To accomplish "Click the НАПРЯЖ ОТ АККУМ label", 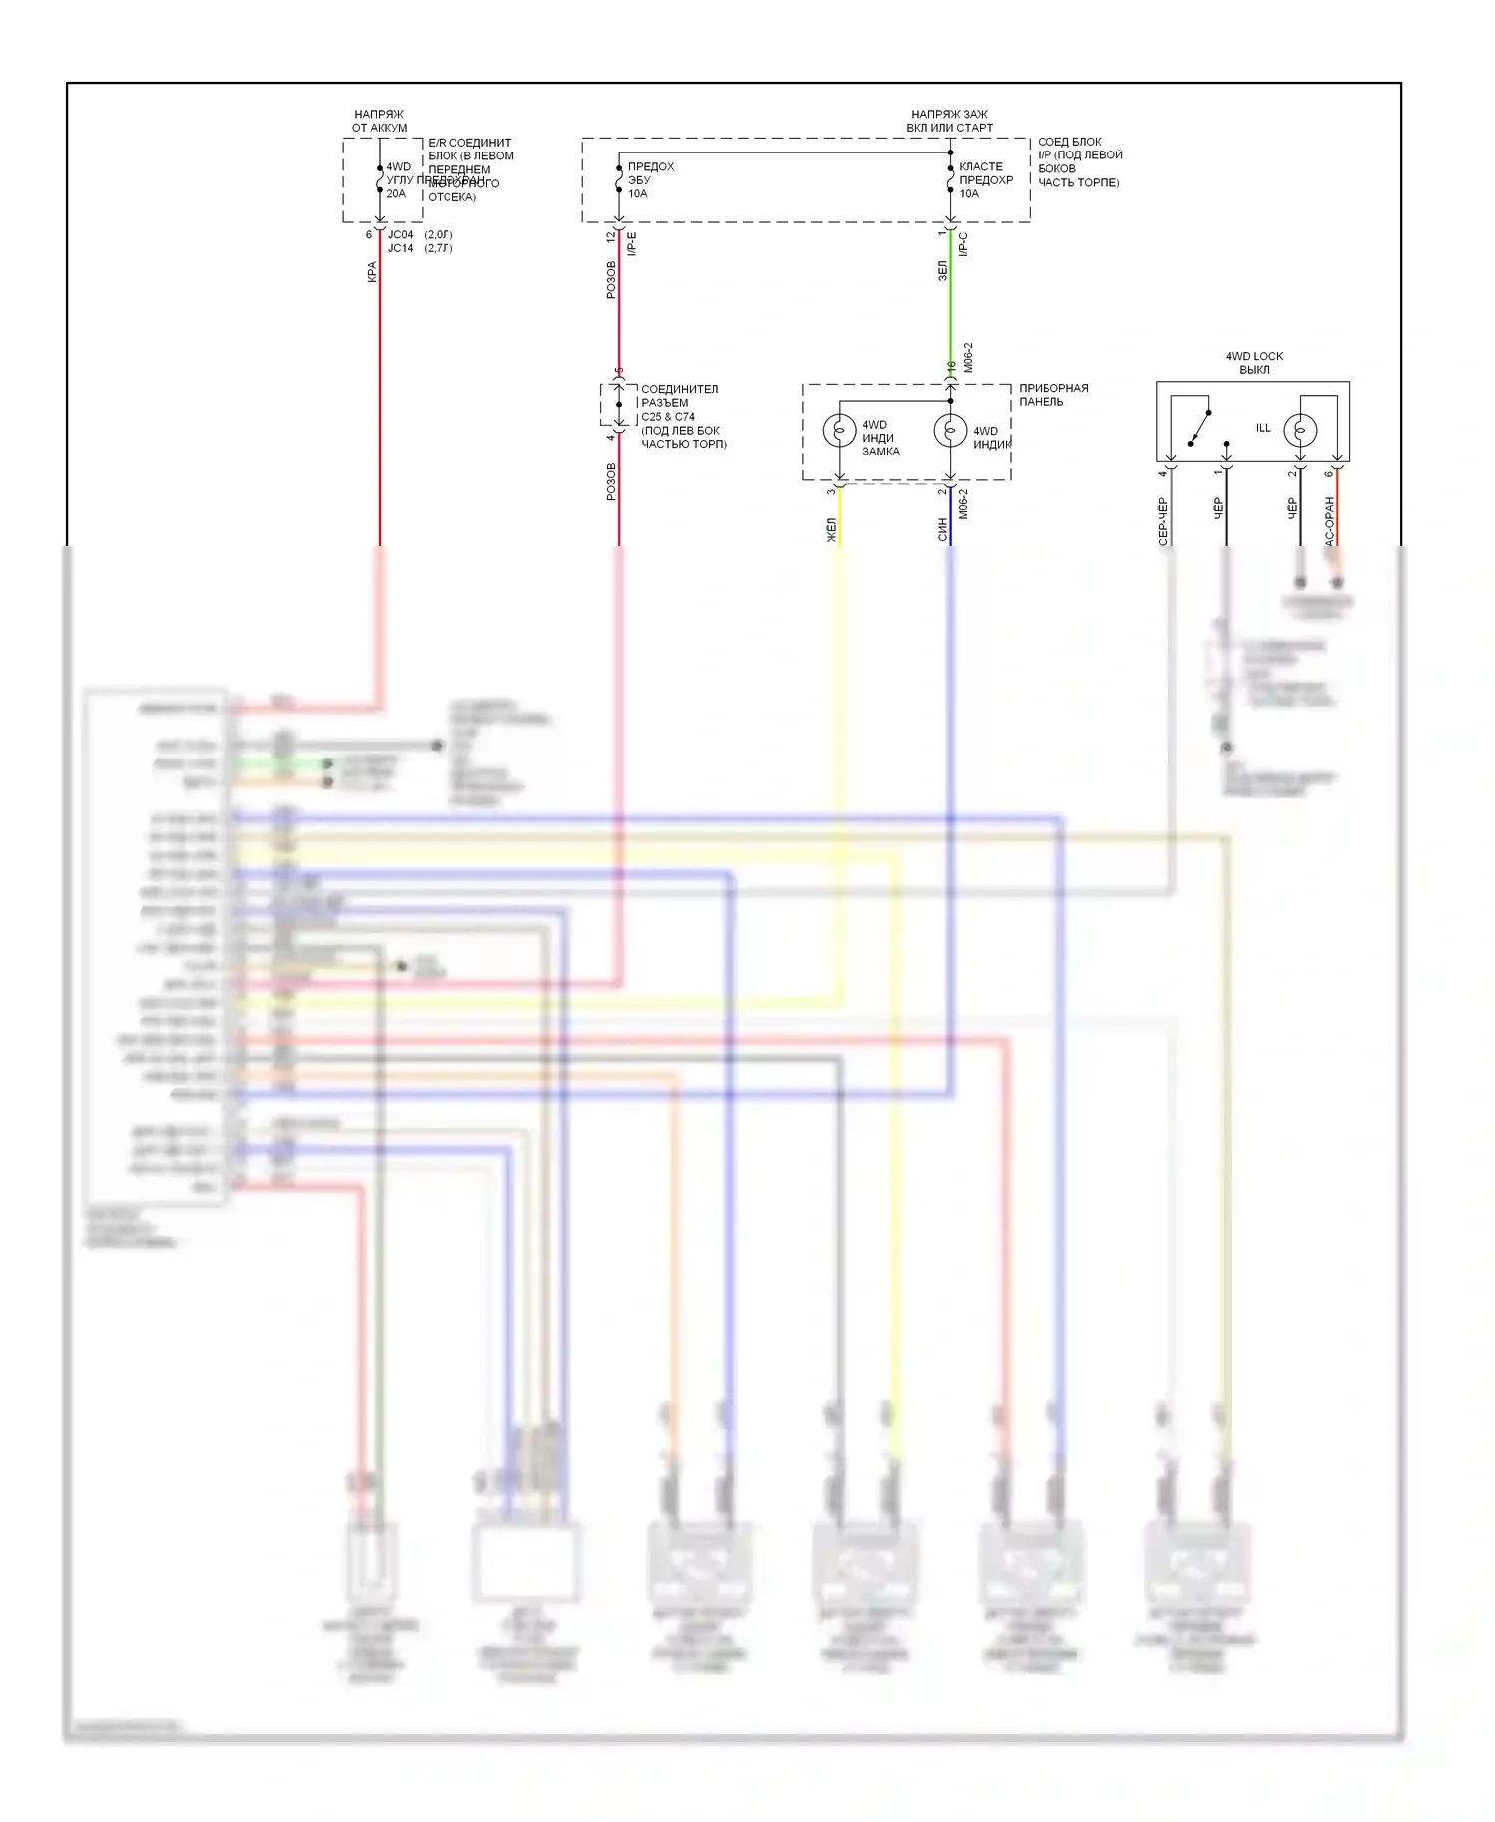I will click(379, 121).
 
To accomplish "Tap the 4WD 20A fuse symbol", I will click(380, 180).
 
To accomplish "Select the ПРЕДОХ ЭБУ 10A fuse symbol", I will click(619, 180).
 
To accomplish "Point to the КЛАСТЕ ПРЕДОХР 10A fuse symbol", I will click(950, 180).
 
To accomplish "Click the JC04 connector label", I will click(400, 235).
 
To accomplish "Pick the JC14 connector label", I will click(400, 248).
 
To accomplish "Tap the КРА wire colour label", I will click(372, 272).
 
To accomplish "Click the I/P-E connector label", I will click(632, 244).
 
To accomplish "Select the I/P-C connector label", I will click(963, 244).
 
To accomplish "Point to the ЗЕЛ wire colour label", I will click(942, 270).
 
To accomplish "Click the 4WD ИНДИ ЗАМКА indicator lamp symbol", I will click(839, 431).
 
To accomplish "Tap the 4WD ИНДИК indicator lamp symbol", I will click(950, 431).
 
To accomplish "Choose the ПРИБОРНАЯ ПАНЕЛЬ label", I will click(1053, 395).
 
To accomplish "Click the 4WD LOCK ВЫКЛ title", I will click(1254, 363).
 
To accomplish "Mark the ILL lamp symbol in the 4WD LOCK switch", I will click(1300, 431).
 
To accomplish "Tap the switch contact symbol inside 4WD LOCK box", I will click(1199, 428).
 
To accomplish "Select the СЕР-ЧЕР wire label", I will click(1162, 521).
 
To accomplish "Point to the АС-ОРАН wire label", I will click(1329, 521).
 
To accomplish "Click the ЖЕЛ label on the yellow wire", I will click(831, 530).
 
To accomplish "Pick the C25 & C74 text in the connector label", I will click(668, 417).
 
